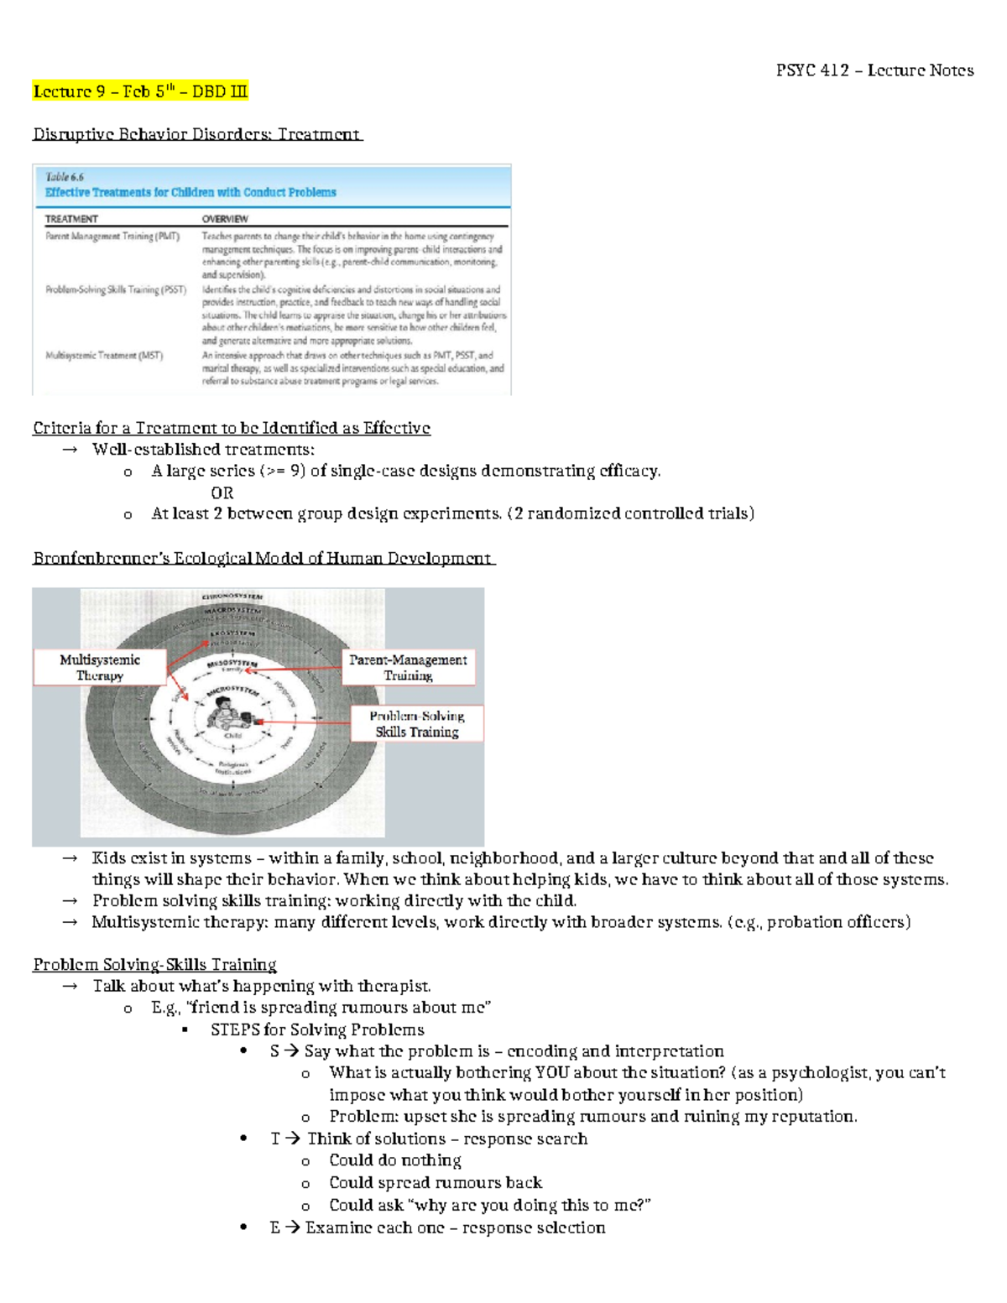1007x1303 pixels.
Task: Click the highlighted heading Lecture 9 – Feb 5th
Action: click(x=140, y=91)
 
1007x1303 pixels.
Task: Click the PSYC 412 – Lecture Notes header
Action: click(x=874, y=70)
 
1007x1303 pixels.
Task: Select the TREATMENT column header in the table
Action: click(x=71, y=219)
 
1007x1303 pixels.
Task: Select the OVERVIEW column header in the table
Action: click(x=225, y=219)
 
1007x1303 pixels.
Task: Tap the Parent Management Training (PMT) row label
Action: click(x=112, y=237)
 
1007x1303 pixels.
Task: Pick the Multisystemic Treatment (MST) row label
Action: click(x=104, y=355)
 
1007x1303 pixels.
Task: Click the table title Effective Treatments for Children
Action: click(x=190, y=192)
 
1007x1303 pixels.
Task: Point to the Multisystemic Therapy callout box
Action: click(x=100, y=668)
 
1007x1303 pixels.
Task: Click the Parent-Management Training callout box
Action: click(x=408, y=668)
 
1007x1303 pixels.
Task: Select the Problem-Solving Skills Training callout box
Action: click(x=416, y=724)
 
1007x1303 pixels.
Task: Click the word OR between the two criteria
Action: click(x=222, y=493)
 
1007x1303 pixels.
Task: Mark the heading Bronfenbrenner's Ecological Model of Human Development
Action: click(x=263, y=559)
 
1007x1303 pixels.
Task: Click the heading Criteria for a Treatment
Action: click(x=232, y=429)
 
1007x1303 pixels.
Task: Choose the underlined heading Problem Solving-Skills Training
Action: click(x=154, y=965)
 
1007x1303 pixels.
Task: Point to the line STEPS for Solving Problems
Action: click(x=317, y=1029)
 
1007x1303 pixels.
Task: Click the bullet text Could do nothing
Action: click(x=395, y=1160)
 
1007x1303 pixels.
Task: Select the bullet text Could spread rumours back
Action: click(x=436, y=1183)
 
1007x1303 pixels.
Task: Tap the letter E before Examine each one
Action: click(x=274, y=1227)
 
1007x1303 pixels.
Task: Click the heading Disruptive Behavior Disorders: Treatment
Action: click(x=196, y=134)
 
